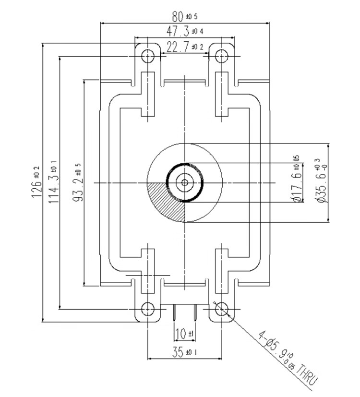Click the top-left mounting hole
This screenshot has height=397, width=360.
(147, 57)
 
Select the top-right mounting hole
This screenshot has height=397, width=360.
(221, 57)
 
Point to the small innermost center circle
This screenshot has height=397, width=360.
(184, 182)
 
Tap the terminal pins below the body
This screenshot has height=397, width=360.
(184, 315)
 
